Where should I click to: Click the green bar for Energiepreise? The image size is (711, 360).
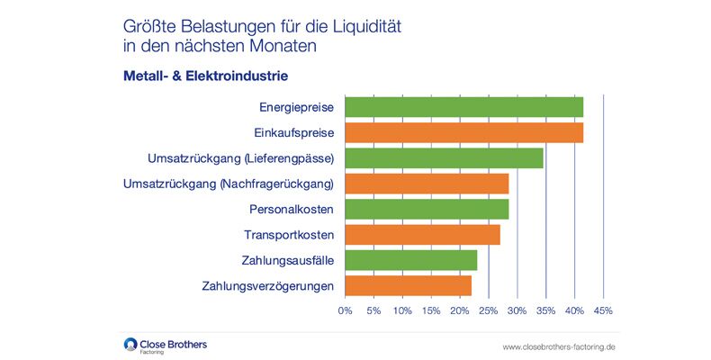coord(463,107)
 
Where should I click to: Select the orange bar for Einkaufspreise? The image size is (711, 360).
coord(463,133)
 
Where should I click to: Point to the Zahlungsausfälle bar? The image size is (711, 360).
coord(410,261)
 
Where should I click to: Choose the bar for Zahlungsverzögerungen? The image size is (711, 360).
coord(408,286)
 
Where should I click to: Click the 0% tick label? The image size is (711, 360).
coord(345,310)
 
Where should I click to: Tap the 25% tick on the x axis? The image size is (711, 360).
coord(488,310)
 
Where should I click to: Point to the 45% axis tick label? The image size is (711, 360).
coord(603,310)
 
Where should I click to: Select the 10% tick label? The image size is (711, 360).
coord(401,310)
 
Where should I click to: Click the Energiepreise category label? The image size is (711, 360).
coord(296,107)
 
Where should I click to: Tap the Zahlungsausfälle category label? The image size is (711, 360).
coord(288,261)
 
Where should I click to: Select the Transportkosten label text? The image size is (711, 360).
coord(289,236)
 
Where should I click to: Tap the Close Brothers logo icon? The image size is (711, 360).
coord(130,343)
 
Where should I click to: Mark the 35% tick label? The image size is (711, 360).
coord(545,310)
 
